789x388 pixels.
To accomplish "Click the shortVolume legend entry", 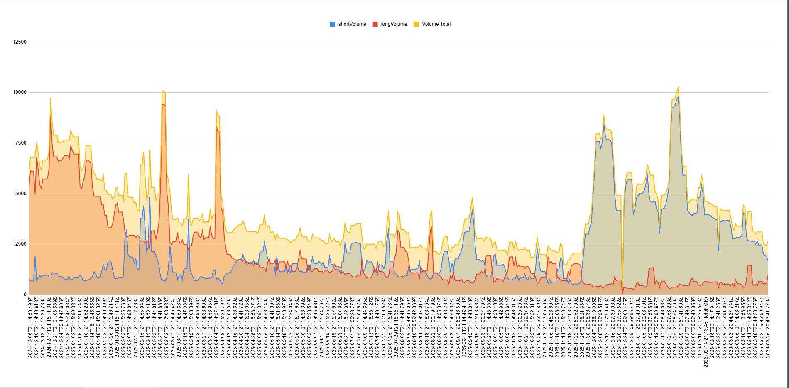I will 352,24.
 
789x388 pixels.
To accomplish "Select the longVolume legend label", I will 394,24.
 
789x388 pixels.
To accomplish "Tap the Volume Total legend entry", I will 436,24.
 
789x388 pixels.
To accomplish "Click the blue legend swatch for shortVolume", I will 333,24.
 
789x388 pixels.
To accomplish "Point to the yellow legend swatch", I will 416,24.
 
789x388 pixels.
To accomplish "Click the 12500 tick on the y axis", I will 20,42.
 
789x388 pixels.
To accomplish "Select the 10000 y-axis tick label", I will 20,92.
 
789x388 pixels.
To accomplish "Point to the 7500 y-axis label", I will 21,143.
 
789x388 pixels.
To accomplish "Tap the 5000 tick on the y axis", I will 21,194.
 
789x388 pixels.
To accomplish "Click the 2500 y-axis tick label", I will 21,244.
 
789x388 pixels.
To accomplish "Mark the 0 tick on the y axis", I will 25,295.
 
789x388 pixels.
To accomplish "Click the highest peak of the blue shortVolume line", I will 678,97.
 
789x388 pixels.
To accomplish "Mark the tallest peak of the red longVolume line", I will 163,104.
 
